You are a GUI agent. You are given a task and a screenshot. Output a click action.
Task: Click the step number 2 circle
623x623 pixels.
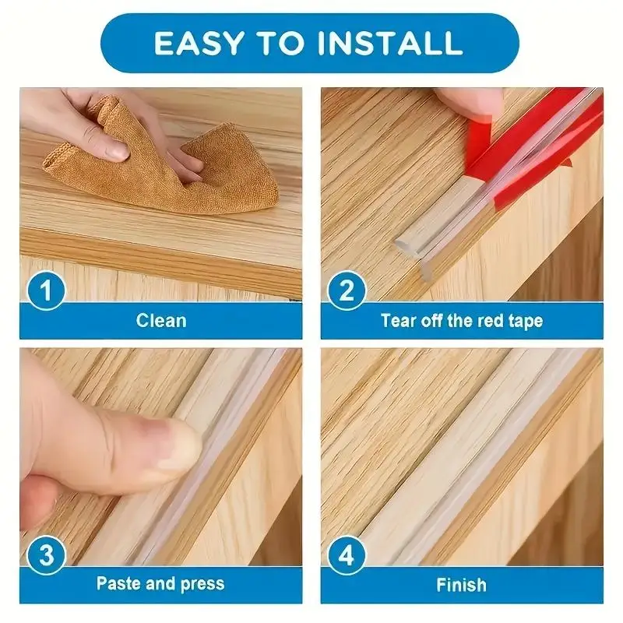pyautogui.click(x=347, y=292)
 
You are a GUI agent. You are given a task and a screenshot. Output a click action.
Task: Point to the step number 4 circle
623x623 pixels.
pyautogui.click(x=347, y=556)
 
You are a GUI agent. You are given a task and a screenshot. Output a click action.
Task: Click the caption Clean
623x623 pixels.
pyautogui.click(x=160, y=320)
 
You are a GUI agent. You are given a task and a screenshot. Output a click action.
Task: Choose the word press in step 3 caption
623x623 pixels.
pyautogui.click(x=200, y=583)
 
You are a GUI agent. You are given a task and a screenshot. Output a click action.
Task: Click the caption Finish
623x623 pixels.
pyautogui.click(x=461, y=583)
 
